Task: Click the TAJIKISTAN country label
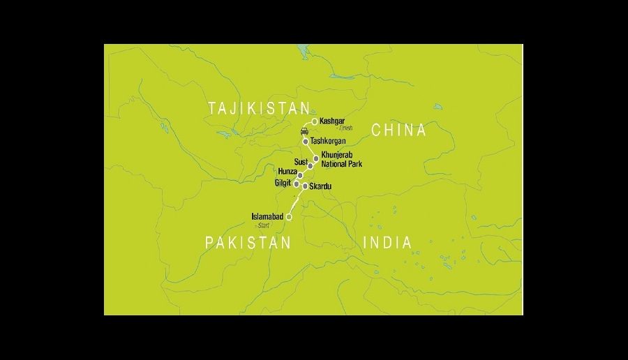click(x=259, y=109)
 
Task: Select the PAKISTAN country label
click(x=247, y=243)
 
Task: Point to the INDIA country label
click(x=388, y=243)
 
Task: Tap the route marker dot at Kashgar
click(x=315, y=121)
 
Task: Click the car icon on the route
click(x=305, y=131)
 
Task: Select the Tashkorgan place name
click(x=328, y=142)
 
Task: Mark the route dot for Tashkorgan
click(x=306, y=142)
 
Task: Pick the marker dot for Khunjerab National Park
click(x=316, y=159)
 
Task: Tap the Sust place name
click(x=301, y=163)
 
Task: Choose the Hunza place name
click(x=287, y=172)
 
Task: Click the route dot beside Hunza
click(x=300, y=175)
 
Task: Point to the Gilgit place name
click(x=283, y=183)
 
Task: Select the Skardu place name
click(x=320, y=187)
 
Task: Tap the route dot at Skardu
click(x=306, y=186)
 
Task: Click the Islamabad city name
click(x=267, y=218)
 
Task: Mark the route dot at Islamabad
click(x=289, y=218)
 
